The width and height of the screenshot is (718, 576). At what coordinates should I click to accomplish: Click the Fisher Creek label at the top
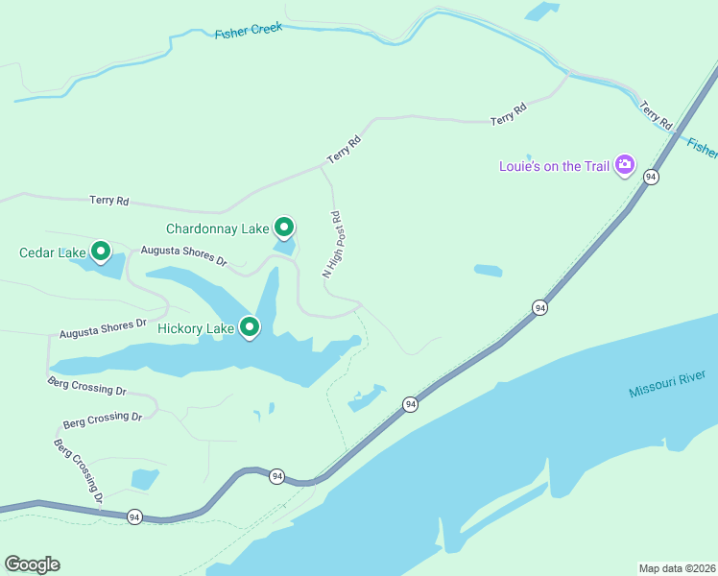click(x=248, y=31)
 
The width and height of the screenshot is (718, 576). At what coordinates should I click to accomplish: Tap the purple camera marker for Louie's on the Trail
click(x=625, y=165)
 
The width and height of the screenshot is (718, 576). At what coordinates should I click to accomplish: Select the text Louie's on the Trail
click(x=554, y=166)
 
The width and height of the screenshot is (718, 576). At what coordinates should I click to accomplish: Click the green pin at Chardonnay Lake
click(x=284, y=227)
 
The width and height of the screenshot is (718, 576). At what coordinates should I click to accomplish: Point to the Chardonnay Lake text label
click(x=217, y=228)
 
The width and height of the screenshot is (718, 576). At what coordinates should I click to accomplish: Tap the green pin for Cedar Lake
click(x=100, y=252)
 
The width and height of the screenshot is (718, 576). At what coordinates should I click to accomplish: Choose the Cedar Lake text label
click(x=53, y=253)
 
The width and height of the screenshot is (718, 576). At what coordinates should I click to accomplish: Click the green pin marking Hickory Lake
click(x=250, y=327)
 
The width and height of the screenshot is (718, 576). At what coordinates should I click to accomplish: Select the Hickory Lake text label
click(x=196, y=329)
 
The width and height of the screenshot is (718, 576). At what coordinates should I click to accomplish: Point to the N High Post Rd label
click(x=332, y=245)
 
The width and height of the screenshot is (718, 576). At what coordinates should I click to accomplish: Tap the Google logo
click(x=32, y=564)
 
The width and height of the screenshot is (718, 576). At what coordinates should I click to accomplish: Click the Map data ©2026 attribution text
click(x=677, y=567)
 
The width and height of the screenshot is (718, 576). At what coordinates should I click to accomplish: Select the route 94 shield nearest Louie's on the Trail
click(x=651, y=177)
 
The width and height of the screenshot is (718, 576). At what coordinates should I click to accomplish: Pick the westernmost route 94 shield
click(x=133, y=516)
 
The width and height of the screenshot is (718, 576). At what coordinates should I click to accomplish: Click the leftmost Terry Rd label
click(x=108, y=201)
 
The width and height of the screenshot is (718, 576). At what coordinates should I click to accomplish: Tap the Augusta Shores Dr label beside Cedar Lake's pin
click(x=183, y=255)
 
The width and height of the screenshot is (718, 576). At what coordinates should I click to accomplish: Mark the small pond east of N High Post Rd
click(x=488, y=271)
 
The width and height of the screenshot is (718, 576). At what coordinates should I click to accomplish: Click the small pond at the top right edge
click(x=542, y=12)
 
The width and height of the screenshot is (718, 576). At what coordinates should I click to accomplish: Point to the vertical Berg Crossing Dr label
click(x=78, y=471)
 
